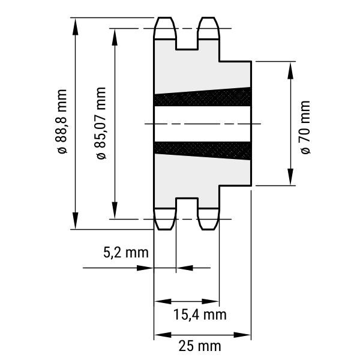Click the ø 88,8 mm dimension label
61,121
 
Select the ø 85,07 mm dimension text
101,123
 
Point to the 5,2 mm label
126,253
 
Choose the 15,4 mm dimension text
200,314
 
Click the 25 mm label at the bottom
200,346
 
